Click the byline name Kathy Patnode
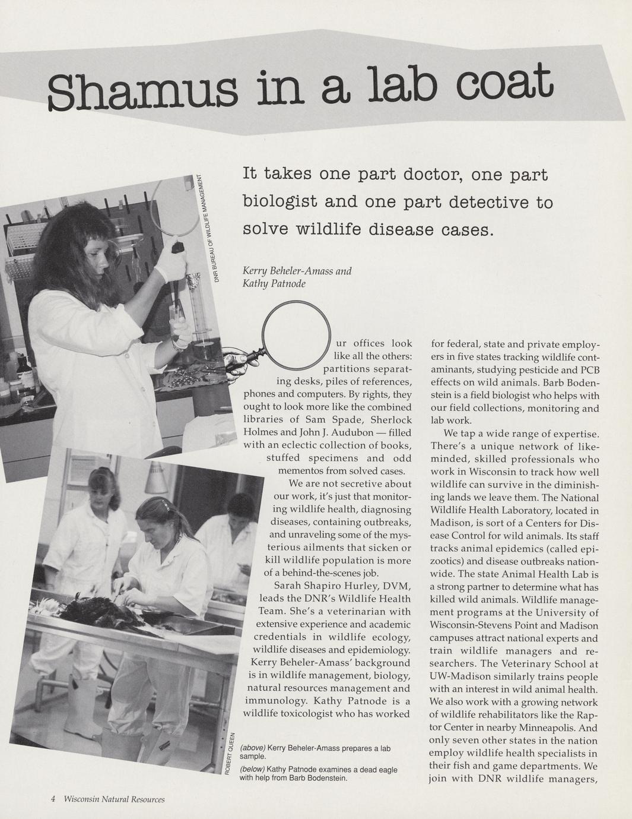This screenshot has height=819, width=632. [274, 284]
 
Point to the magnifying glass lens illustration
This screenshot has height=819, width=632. [296, 330]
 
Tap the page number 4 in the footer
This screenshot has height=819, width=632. [53, 799]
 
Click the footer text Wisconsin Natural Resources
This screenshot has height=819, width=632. [114, 799]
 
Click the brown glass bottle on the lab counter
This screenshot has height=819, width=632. [24, 371]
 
